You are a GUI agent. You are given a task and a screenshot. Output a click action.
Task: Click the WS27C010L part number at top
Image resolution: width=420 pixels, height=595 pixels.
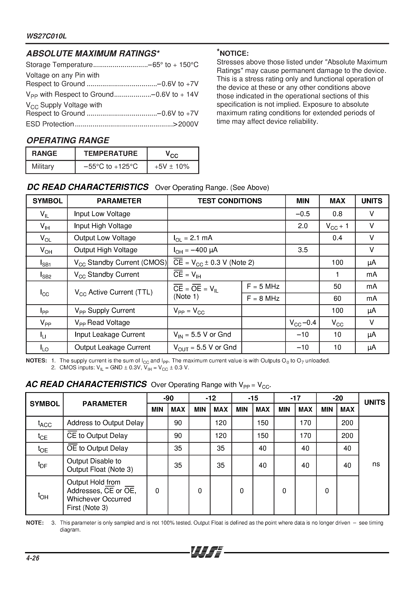tap(46, 36)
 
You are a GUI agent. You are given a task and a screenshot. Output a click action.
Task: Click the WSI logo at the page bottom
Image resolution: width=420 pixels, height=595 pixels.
tap(207, 552)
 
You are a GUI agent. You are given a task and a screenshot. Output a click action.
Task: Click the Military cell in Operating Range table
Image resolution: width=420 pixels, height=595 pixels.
tap(43, 166)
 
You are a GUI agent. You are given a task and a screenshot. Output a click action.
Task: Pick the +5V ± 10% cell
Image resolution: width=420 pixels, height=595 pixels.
tap(172, 166)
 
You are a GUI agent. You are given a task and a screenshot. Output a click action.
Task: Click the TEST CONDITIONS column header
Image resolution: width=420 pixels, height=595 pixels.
tap(230, 201)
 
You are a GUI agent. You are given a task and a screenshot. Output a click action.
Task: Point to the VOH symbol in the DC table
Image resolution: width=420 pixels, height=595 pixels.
tap(46, 250)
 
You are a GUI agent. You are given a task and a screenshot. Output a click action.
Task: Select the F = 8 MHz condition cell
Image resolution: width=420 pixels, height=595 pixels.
tap(263, 299)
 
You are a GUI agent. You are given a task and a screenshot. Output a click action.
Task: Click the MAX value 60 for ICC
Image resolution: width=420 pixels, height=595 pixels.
tap(337, 299)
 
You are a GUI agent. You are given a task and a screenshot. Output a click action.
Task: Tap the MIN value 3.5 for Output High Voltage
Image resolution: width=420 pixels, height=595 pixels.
tap(302, 250)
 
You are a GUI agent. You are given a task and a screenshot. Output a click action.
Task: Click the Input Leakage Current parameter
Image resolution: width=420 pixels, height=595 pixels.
tap(110, 335)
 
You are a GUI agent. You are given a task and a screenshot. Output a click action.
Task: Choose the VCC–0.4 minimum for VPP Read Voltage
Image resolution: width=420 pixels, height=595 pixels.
tap(302, 323)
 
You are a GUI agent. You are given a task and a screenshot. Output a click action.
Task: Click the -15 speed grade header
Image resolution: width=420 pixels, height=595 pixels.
tap(253, 398)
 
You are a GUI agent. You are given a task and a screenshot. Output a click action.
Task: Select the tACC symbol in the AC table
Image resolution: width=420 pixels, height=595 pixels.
tap(45, 423)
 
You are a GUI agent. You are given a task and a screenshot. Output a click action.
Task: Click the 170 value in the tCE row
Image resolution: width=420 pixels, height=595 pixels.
tap(305, 436)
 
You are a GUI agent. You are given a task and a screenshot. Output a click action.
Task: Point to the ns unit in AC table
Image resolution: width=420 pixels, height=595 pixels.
tap(376, 464)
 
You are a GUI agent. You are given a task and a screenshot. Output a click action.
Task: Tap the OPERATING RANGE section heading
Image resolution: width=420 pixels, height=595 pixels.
tap(68, 140)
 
